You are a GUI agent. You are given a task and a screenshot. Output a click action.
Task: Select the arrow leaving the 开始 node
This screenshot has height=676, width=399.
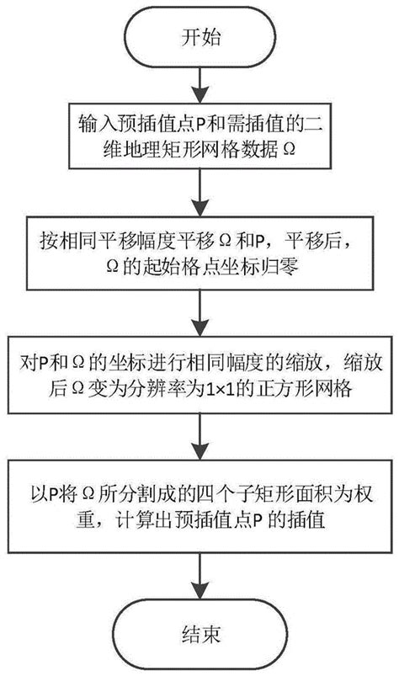coord(199,81)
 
